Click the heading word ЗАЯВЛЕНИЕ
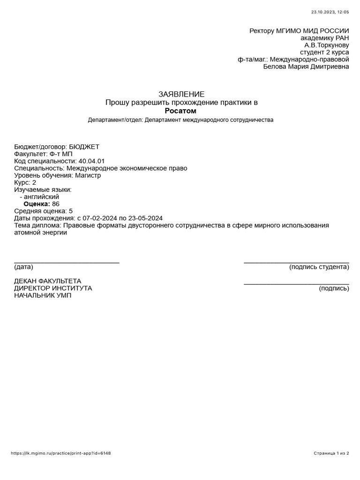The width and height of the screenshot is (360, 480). [181, 94]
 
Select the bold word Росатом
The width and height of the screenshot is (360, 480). [180, 111]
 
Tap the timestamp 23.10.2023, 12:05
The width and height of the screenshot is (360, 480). [330, 12]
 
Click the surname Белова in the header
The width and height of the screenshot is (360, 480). [277, 67]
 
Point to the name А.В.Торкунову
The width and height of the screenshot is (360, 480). [327, 45]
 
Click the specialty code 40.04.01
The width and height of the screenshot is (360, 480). [92, 161]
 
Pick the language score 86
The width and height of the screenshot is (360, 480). [56, 204]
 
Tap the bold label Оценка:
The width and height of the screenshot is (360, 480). [37, 204]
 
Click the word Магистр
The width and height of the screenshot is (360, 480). [88, 175]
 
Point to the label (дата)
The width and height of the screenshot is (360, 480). [24, 267]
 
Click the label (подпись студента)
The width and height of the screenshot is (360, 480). [319, 267]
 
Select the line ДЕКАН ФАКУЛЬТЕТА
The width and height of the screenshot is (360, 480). [48, 281]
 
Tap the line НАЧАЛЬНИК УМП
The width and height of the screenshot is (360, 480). [43, 295]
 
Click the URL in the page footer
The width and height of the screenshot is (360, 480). [60, 453]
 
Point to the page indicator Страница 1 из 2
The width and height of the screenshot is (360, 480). [331, 453]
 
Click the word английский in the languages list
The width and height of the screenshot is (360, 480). [41, 197]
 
